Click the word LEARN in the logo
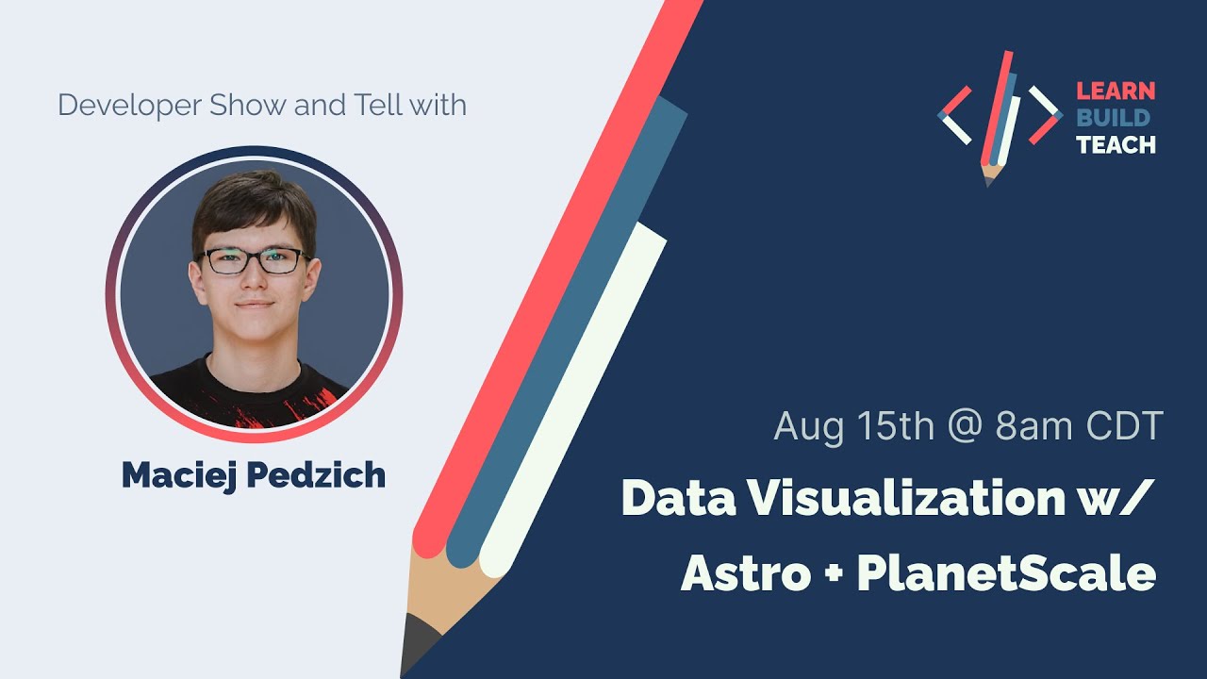pyautogui.click(x=1116, y=91)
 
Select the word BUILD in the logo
pyautogui.click(x=1114, y=118)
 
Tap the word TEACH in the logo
pyautogui.click(x=1116, y=144)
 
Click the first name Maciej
pyautogui.click(x=179, y=475)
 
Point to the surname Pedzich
pyautogui.click(x=316, y=475)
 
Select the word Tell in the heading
pyautogui.click(x=378, y=105)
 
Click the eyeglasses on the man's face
pyautogui.click(x=256, y=259)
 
